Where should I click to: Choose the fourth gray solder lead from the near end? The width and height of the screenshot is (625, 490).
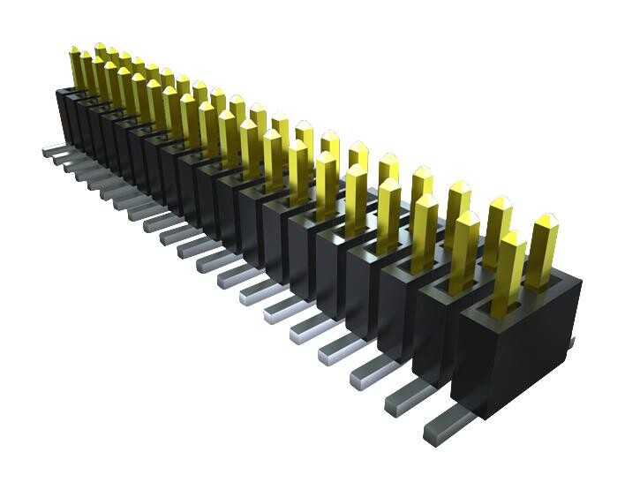pos(340,345)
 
